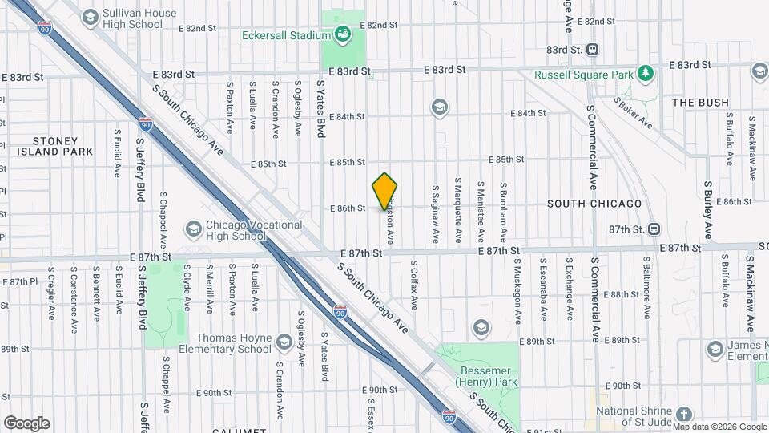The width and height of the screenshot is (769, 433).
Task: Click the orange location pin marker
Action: tap(385, 192)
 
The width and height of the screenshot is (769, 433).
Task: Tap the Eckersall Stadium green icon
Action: tap(343, 34)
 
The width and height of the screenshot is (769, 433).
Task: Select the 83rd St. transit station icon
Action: tap(593, 49)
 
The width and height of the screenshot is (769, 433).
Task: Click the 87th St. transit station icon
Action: tap(654, 229)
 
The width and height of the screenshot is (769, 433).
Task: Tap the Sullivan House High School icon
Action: tap(90, 17)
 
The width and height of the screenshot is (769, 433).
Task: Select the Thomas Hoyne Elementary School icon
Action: tap(284, 343)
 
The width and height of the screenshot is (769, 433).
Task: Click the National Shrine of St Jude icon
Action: tap(683, 415)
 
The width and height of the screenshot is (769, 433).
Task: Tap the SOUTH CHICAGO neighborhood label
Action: tap(594, 204)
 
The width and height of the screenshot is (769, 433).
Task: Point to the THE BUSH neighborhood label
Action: tap(700, 103)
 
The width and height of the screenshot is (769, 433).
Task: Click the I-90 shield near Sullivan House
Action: tap(43, 28)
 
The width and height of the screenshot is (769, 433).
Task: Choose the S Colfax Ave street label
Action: tap(414, 285)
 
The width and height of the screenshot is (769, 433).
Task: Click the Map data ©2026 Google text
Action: tap(719, 427)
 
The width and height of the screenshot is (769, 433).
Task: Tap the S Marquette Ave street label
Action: tap(458, 210)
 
